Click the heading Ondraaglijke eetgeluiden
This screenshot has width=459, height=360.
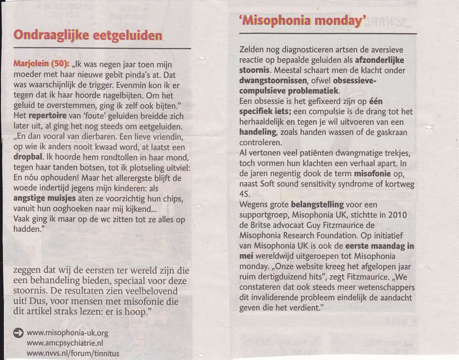coord(88,35)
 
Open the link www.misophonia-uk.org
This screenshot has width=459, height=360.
coord(67,333)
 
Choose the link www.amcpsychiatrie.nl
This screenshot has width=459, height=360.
coord(65,343)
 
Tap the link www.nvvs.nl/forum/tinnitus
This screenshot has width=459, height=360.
coord(73,353)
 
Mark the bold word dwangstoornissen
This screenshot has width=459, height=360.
coord(269,81)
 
